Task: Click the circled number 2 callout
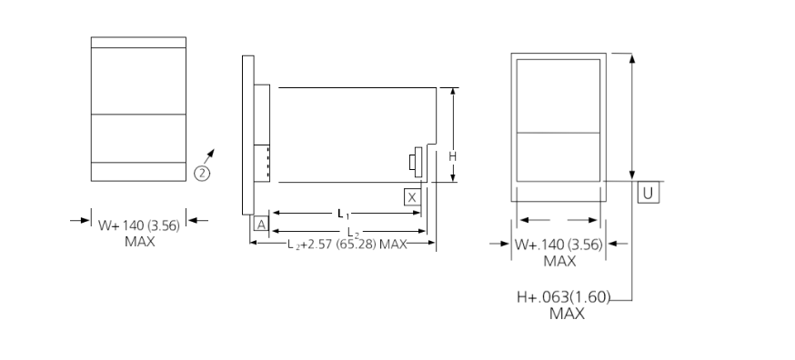(202, 173)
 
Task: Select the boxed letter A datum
(261, 224)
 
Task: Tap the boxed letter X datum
(412, 196)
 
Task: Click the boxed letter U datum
(648, 193)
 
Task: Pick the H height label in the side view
(452, 155)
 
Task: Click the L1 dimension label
(344, 215)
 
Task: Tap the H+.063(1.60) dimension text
(562, 296)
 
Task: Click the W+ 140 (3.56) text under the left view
(139, 226)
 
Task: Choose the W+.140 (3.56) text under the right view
(559, 245)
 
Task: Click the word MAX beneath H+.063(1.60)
(567, 314)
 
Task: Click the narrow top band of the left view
(138, 43)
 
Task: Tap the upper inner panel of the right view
(558, 95)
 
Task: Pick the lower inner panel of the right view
(558, 155)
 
